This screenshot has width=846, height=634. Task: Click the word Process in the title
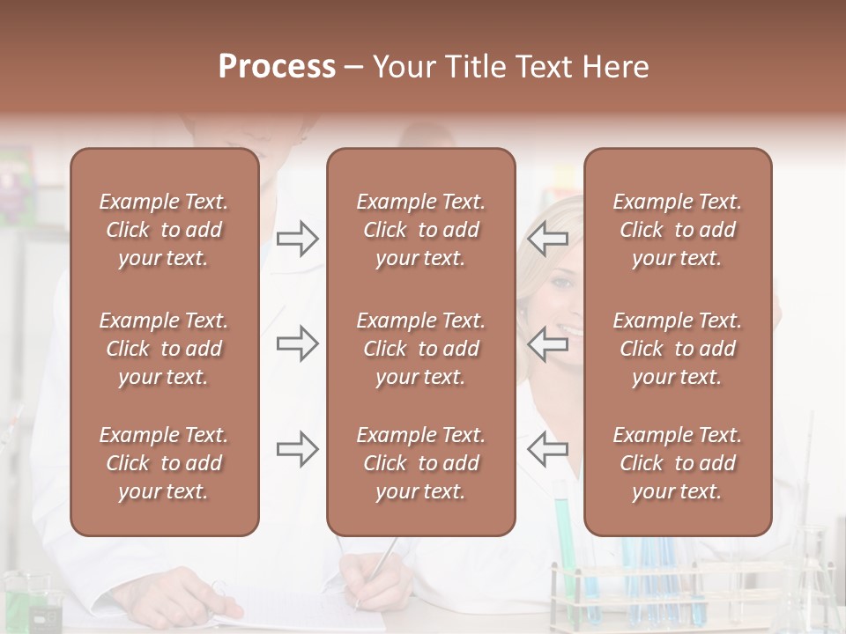click(x=277, y=67)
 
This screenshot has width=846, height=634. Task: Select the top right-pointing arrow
click(x=297, y=239)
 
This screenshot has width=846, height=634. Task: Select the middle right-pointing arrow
click(x=297, y=343)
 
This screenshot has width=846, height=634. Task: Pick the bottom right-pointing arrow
click(x=297, y=449)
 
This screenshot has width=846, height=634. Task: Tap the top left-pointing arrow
click(x=548, y=239)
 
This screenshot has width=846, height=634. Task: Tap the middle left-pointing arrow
click(x=548, y=343)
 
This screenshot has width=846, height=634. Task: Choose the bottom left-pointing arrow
click(x=548, y=449)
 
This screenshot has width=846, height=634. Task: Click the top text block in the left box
click(x=164, y=230)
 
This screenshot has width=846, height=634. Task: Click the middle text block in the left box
click(x=164, y=349)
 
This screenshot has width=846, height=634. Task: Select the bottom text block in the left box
click(x=164, y=463)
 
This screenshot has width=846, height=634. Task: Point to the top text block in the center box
click(x=420, y=230)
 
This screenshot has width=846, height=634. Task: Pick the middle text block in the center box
click(x=420, y=349)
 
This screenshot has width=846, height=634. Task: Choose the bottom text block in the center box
click(x=420, y=463)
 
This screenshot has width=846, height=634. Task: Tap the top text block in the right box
click(x=677, y=230)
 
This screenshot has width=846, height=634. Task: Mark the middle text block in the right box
click(x=677, y=349)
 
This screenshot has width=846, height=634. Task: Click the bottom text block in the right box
click(x=677, y=463)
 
